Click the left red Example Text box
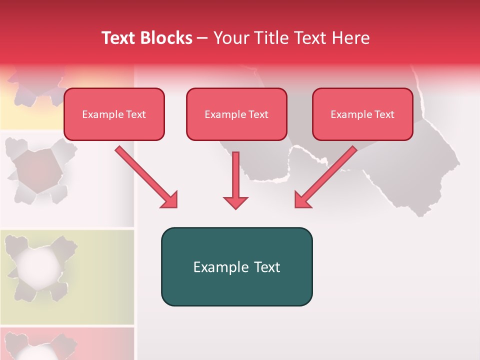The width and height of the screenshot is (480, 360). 114,114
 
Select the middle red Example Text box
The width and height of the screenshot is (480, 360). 236,114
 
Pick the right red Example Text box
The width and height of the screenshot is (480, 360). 362,114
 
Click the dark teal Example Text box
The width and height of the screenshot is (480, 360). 236,267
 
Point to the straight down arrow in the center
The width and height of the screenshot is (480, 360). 235,175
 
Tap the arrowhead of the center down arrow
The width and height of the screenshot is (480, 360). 235,202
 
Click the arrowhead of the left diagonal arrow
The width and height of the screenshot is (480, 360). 169,200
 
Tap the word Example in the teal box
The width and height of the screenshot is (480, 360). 213,267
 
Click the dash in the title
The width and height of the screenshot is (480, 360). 202,38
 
